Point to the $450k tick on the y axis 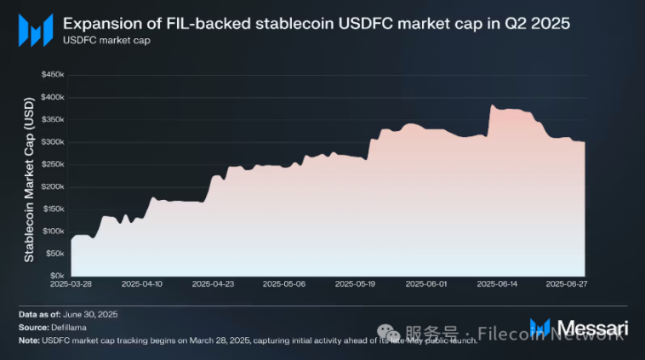[x=53, y=75]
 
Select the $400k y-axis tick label [x=53, y=97]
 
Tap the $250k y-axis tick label [x=53, y=164]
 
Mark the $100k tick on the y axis [x=53, y=231]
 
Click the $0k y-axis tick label [x=56, y=276]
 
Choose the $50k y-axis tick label [x=54, y=254]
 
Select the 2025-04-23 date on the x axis [x=213, y=284]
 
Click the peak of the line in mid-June [x=493, y=106]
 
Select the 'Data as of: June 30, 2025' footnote [x=68, y=315]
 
